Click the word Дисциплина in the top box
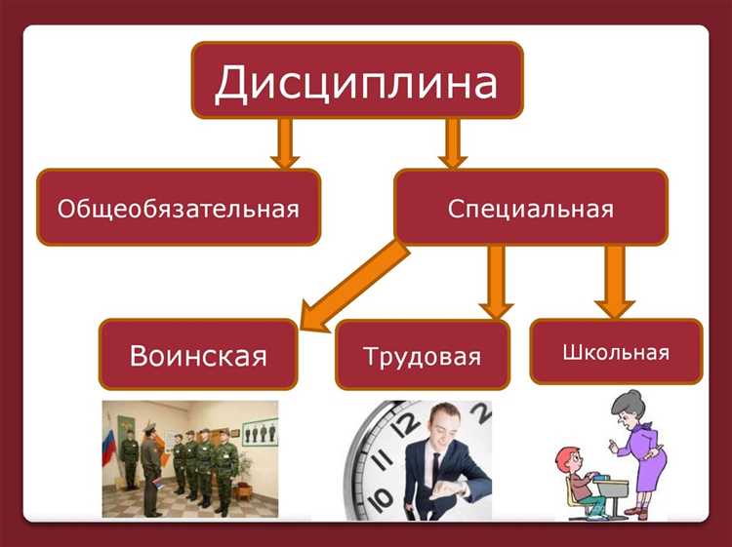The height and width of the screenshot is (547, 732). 355,82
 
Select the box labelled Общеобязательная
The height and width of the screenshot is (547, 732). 178,208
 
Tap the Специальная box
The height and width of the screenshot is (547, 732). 530,208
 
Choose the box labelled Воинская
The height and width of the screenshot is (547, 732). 198,354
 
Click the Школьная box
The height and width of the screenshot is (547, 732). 615,351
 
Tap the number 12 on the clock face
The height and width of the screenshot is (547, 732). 409,422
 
